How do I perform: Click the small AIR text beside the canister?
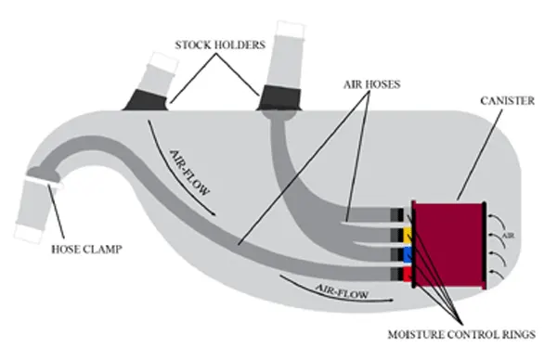(506, 238)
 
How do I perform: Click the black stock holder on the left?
(149, 97)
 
